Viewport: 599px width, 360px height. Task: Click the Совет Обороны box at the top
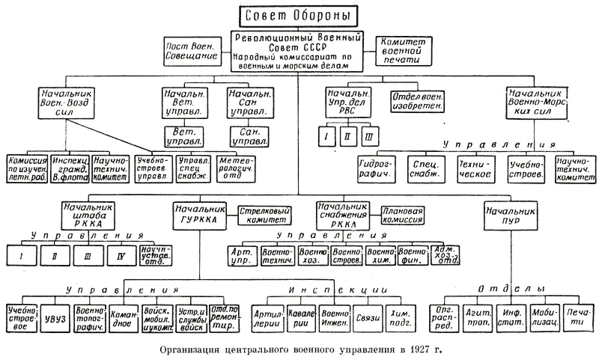click(x=297, y=16)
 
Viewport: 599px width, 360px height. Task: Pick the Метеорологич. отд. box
click(x=236, y=169)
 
